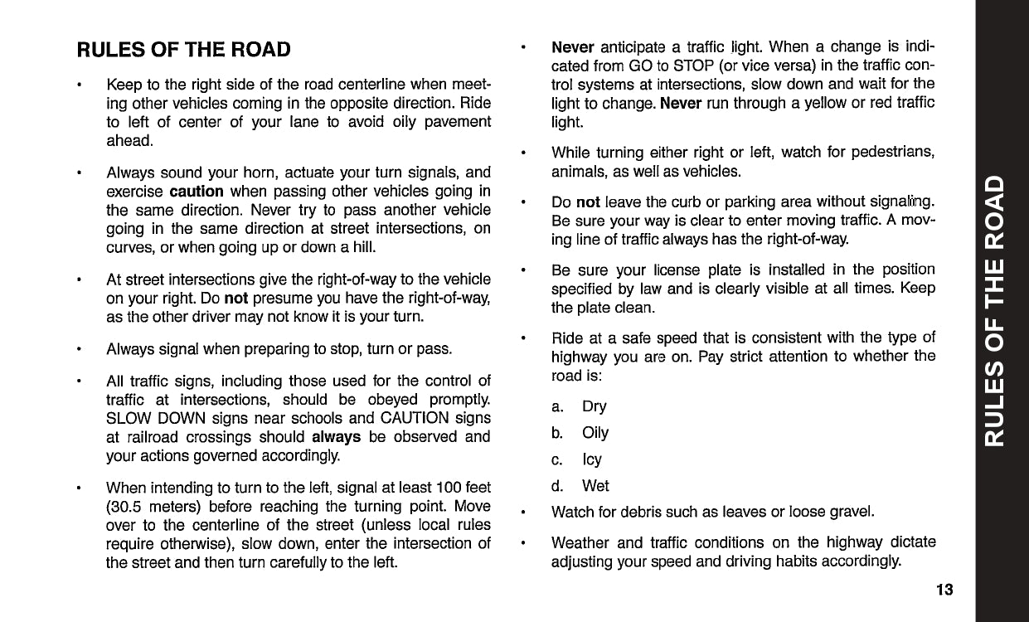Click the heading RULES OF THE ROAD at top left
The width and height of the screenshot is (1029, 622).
tap(183, 49)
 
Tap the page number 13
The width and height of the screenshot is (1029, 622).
tap(944, 590)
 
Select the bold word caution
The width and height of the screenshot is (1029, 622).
tap(196, 191)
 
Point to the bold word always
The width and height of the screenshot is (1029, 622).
tap(336, 436)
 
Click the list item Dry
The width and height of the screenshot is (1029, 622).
tap(594, 406)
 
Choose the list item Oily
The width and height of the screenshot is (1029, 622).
tap(595, 433)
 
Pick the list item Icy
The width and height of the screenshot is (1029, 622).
tap(592, 459)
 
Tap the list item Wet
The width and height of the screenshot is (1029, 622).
tap(595, 486)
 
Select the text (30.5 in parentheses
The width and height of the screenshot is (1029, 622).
tap(127, 506)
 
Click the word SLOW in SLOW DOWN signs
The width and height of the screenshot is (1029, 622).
tap(127, 418)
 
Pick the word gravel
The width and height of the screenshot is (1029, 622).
tap(851, 512)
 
